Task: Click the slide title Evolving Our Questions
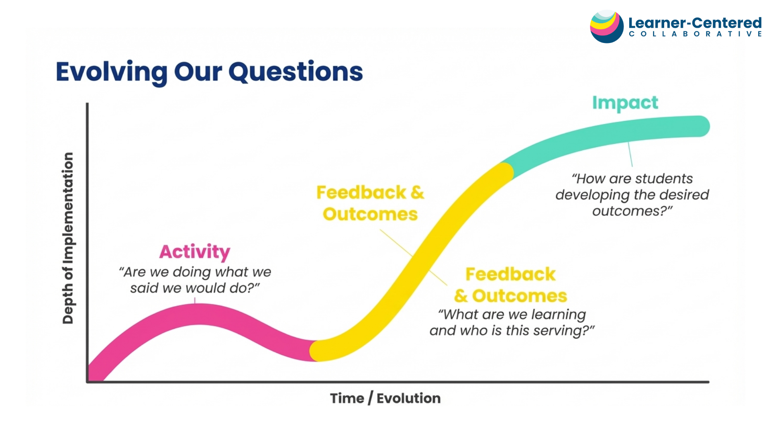point(209,72)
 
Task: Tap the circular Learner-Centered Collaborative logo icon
point(606,27)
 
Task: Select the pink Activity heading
point(195,252)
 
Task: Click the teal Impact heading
point(625,103)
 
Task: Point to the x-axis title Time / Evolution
point(385,398)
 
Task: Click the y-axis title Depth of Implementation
point(68,238)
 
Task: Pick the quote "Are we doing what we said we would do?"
point(195,280)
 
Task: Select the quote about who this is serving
point(512,322)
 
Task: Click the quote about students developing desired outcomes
point(632,195)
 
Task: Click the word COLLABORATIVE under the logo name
point(695,34)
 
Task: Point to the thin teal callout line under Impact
point(630,154)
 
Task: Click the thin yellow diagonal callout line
point(414,258)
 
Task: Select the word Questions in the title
point(296,72)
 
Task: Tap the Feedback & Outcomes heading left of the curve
point(370,203)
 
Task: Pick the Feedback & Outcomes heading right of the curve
point(510,285)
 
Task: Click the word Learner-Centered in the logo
point(695,23)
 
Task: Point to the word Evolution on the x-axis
point(408,398)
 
